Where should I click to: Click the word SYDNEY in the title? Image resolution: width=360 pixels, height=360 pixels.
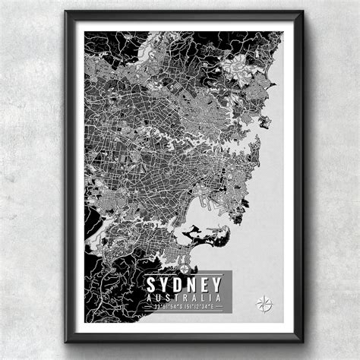click(x=185, y=283)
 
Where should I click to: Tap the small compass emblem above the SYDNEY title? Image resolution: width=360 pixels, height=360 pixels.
click(x=185, y=266)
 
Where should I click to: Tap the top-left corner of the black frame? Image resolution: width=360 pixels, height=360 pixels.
click(x=67, y=13)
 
